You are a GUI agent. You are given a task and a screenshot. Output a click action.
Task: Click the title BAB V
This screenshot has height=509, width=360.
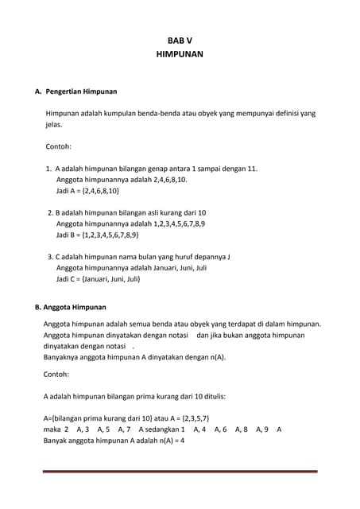(x=180, y=40)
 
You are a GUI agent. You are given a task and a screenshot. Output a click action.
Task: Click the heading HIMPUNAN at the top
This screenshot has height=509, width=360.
(x=180, y=54)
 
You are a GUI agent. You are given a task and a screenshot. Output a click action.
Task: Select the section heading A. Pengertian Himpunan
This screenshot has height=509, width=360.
(x=75, y=92)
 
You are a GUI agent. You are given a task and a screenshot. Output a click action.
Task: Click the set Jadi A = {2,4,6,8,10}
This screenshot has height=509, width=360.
(x=87, y=192)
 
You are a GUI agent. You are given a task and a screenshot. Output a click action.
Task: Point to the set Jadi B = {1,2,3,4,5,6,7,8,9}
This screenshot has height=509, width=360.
(x=97, y=235)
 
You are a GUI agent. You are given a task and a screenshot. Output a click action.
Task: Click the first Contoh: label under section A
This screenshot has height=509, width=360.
(x=59, y=147)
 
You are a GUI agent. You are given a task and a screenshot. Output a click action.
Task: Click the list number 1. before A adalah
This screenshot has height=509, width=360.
(x=49, y=169)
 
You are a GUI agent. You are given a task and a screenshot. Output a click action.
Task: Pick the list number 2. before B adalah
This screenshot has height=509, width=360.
(x=50, y=213)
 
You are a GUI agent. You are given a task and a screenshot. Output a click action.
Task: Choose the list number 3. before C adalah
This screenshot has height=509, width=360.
(x=50, y=257)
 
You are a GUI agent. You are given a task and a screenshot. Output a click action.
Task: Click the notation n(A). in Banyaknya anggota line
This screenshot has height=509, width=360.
(x=215, y=357)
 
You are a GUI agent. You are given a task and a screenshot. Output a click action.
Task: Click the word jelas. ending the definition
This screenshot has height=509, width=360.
(x=54, y=125)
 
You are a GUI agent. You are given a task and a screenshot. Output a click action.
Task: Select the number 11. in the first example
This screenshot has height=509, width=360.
(x=251, y=169)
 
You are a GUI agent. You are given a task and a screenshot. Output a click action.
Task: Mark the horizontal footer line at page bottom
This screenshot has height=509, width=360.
(x=180, y=472)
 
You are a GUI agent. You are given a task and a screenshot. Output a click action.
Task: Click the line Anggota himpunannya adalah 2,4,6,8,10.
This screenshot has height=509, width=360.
(x=122, y=181)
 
